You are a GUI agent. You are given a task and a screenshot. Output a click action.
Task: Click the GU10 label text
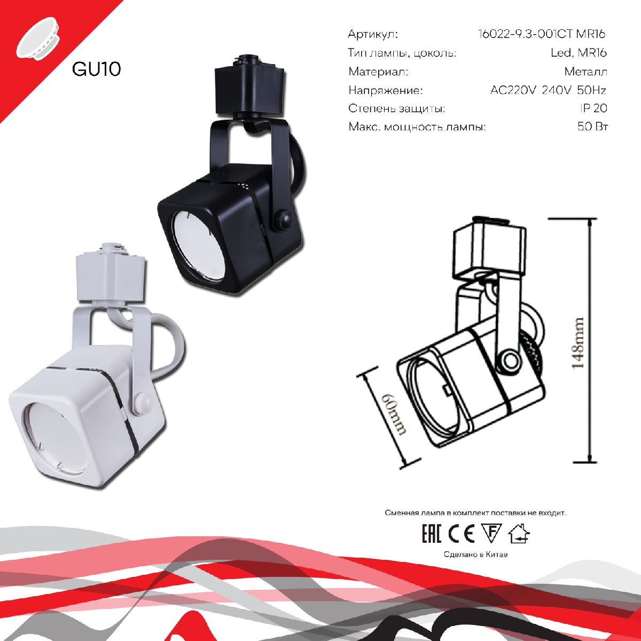coord(96,69)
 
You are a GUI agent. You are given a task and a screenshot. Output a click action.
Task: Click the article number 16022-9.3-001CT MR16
coord(542,35)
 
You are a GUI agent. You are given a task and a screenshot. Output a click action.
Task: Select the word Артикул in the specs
coord(373,35)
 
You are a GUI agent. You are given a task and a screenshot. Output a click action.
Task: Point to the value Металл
coord(585,72)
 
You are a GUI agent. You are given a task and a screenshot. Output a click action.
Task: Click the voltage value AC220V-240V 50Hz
coord(548,90)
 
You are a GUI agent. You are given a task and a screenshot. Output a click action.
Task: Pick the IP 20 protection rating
coord(593,108)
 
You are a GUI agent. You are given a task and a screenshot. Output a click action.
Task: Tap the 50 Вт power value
coord(592,127)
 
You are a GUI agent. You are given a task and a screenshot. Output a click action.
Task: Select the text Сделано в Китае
coord(475,554)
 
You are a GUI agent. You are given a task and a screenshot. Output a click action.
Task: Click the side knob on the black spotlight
coord(282,219)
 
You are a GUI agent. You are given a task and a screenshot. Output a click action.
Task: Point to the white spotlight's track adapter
coord(110,275)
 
